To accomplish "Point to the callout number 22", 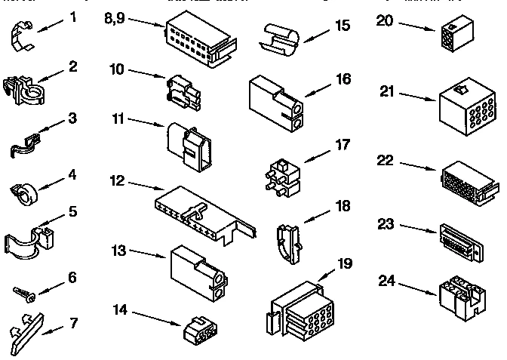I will click(x=386, y=161).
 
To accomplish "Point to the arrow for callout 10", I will click(x=146, y=73).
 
